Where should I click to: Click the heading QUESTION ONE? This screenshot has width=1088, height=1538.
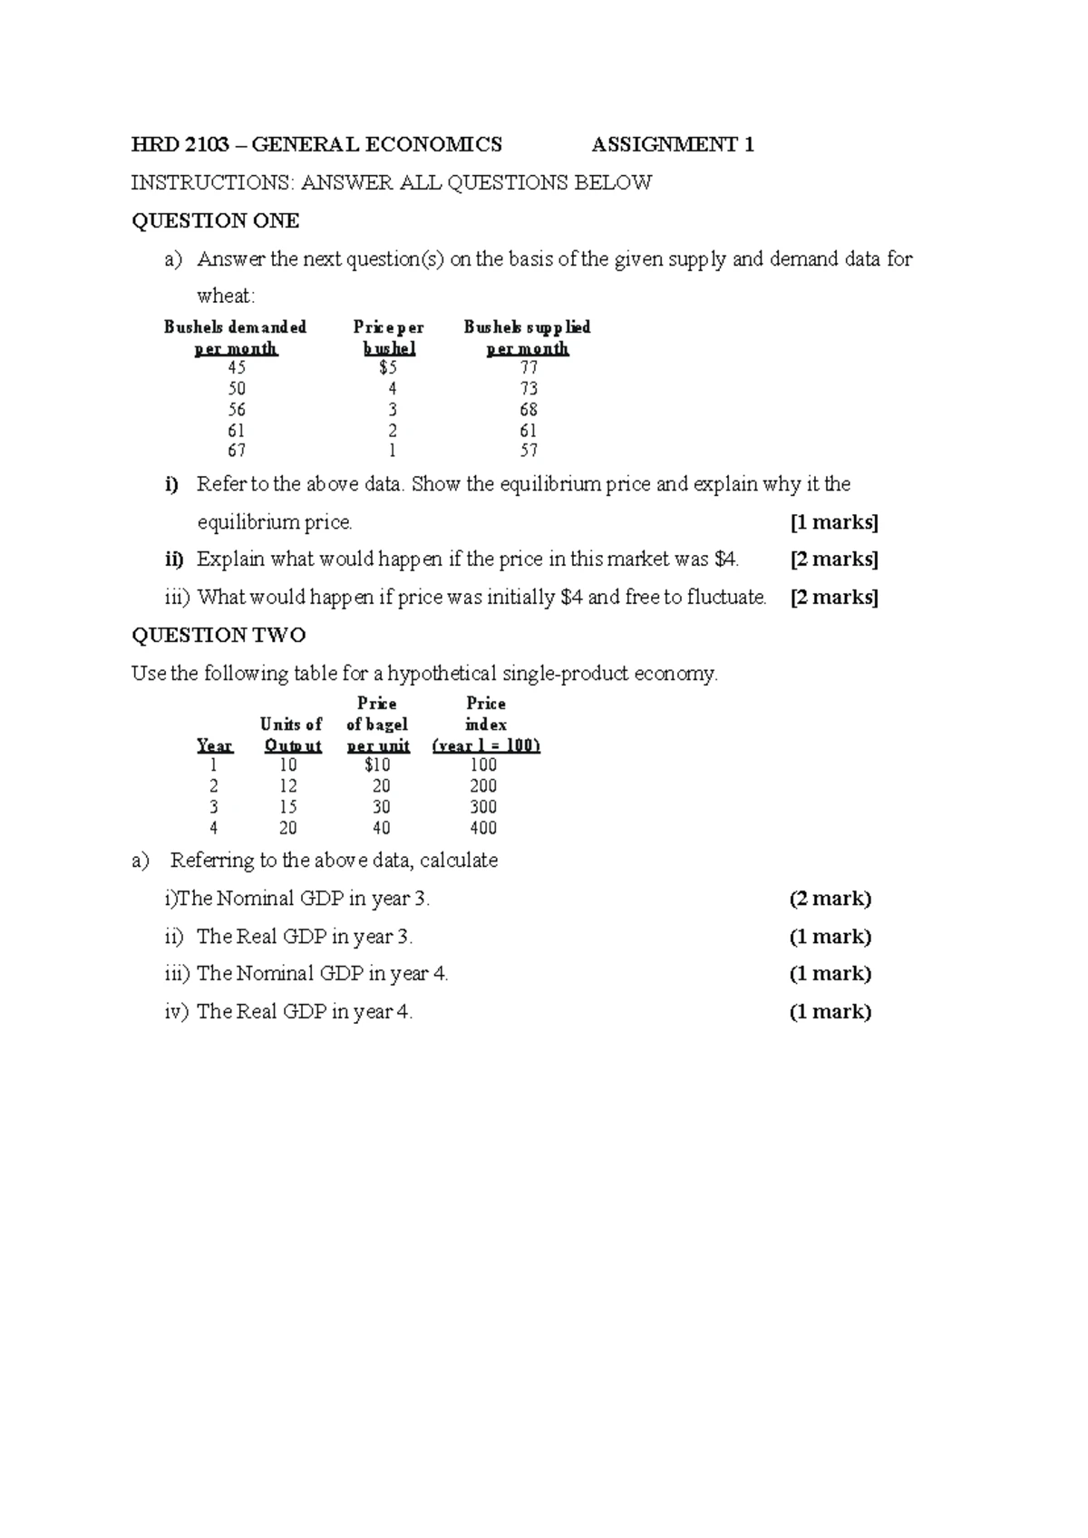(215, 221)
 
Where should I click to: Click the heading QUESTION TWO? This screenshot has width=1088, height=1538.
(219, 635)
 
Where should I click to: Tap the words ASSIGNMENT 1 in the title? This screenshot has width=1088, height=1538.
(673, 145)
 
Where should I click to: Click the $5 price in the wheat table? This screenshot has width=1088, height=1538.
(387, 368)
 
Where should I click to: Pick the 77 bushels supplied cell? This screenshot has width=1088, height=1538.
(529, 368)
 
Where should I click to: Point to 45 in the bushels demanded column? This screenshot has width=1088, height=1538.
(237, 368)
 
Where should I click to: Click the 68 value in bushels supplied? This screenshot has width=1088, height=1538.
(529, 410)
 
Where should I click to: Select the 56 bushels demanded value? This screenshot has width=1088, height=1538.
(237, 410)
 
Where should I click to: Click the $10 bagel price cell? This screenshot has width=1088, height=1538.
(377, 765)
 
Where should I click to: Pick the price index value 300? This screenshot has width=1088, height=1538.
(483, 807)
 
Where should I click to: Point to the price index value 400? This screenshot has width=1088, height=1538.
(483, 828)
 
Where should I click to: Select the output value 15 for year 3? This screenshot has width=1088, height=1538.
(288, 807)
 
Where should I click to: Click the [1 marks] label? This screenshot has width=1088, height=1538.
(834, 522)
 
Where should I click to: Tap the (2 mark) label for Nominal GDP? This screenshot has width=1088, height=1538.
(830, 899)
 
